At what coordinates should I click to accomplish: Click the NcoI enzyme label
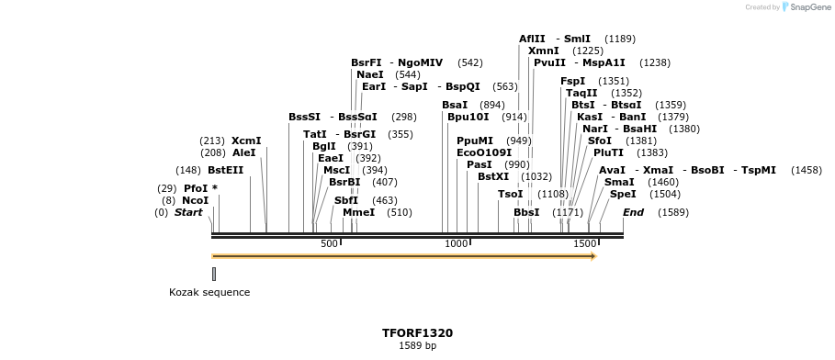(x=195, y=200)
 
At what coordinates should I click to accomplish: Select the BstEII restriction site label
(x=225, y=170)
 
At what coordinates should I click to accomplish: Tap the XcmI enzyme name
(x=246, y=141)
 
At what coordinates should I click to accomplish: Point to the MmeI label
(x=358, y=212)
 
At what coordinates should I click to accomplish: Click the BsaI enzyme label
(x=454, y=105)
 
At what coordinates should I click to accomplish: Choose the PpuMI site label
(x=475, y=141)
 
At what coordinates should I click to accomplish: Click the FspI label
(x=572, y=81)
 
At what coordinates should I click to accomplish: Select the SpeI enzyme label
(x=623, y=194)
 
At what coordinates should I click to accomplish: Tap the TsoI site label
(x=510, y=194)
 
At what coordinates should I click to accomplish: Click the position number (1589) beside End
(x=672, y=212)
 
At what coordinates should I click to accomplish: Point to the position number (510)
(x=400, y=212)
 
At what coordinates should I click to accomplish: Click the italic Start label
(x=188, y=212)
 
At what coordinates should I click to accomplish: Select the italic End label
(x=633, y=212)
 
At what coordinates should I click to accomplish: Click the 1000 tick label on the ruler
(x=457, y=243)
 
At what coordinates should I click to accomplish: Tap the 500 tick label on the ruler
(x=329, y=243)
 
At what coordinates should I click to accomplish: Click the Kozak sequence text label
(x=209, y=292)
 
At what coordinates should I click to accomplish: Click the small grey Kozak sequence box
(x=214, y=274)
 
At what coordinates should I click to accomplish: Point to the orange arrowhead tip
(x=595, y=256)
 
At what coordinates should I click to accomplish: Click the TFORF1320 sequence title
(x=417, y=332)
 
